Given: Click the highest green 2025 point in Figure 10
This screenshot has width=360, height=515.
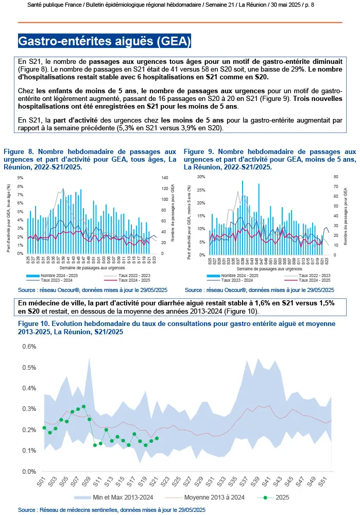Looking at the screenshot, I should tap(83, 406).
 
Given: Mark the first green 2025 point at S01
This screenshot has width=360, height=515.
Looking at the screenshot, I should tap(44, 427).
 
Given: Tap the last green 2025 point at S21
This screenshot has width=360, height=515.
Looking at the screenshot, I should tap(157, 438).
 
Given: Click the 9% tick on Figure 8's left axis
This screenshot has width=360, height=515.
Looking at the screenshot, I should tap(21, 178).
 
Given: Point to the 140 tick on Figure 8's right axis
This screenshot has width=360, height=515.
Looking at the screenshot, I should tap(165, 178).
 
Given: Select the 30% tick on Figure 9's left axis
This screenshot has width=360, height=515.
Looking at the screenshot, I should tap(201, 177).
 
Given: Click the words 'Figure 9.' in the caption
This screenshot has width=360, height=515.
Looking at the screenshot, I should tap(197, 152).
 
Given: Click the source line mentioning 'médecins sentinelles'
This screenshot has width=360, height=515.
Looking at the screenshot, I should tap(111, 509).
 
